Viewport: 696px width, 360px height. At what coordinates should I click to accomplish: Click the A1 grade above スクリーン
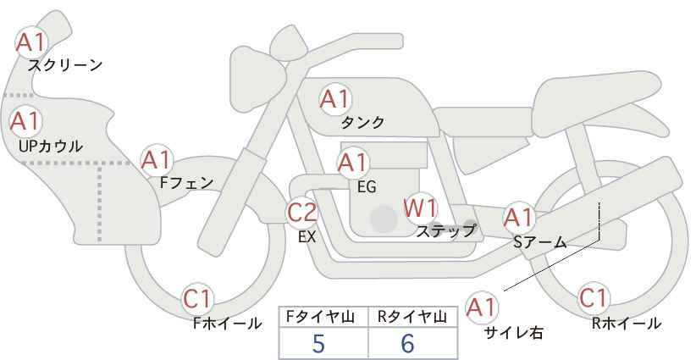[x=30, y=42]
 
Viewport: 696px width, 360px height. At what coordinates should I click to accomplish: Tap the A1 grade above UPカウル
[x=25, y=121]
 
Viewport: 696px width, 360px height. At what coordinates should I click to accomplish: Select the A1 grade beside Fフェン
[x=157, y=160]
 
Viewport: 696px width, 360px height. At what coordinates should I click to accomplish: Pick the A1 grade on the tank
[x=335, y=99]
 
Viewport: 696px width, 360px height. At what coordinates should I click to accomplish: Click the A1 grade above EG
[x=353, y=163]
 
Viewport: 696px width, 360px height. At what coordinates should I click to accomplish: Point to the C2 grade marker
[x=302, y=212]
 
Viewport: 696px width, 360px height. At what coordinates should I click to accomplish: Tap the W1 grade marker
[x=420, y=208]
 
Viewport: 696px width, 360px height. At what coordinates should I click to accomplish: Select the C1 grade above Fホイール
[x=198, y=299]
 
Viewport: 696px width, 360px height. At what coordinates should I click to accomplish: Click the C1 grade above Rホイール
[x=594, y=298]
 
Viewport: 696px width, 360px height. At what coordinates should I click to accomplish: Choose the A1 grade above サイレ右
[x=482, y=307]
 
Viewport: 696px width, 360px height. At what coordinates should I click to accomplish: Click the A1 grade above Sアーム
[x=519, y=218]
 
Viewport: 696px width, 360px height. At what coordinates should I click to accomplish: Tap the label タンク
[x=362, y=123]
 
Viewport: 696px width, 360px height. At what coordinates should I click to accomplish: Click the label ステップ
[x=445, y=231]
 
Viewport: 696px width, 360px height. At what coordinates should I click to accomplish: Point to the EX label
[x=307, y=237]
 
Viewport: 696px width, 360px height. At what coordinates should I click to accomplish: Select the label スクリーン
[x=65, y=66]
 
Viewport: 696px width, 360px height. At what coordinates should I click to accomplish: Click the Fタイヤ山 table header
[x=320, y=317]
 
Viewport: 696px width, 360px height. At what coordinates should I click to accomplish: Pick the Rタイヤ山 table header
[x=412, y=317]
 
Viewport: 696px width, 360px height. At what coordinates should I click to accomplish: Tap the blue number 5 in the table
[x=318, y=343]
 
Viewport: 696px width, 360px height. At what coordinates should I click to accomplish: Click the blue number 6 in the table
[x=407, y=343]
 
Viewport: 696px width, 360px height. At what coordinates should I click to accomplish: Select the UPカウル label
[x=51, y=147]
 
